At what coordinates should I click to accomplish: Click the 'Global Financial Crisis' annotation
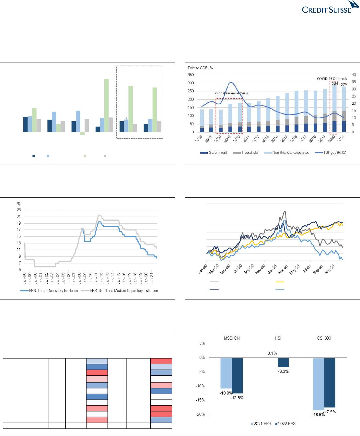pos(231,93)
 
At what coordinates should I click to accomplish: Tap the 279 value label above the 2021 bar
pos(344,84)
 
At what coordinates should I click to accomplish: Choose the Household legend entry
pos(249,152)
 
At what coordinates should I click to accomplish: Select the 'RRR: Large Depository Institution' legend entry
pos(49,290)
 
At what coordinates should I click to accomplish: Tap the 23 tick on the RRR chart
pos(19,210)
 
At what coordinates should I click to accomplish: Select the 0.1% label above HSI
pos(272,353)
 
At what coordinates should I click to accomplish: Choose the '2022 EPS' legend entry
pos(285,424)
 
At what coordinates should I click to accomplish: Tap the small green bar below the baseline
pos(82,133)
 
